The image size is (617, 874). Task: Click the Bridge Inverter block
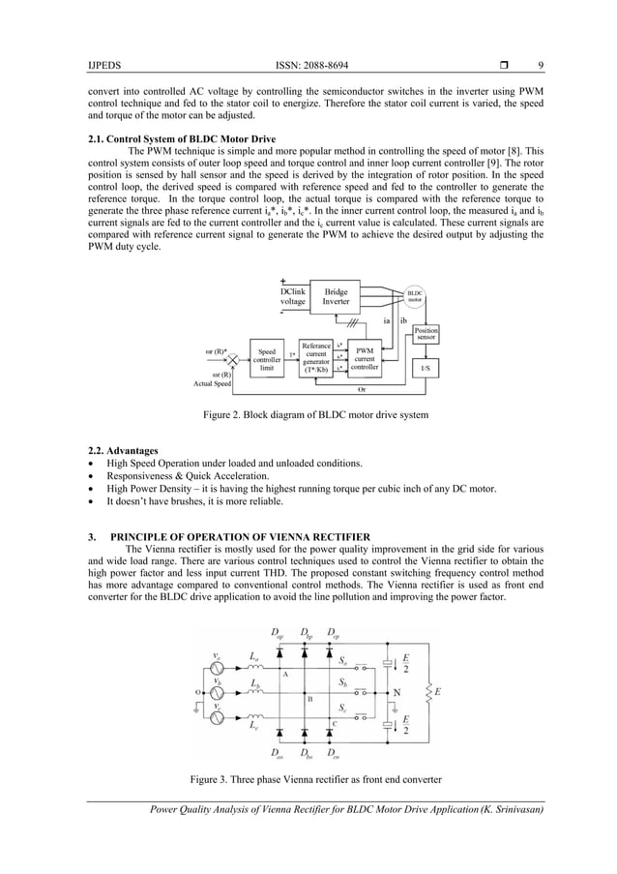coord(336,297)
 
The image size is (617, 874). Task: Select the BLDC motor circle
coord(414,296)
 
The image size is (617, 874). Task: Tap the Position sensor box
coord(426,334)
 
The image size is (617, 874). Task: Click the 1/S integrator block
coord(426,368)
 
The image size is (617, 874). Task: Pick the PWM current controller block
coord(365,359)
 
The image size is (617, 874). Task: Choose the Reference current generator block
coord(315,357)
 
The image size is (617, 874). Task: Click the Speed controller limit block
coord(267,359)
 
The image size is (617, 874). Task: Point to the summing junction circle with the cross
coord(232,359)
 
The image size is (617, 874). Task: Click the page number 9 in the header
coord(541,65)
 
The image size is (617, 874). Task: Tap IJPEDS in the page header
coord(103,65)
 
